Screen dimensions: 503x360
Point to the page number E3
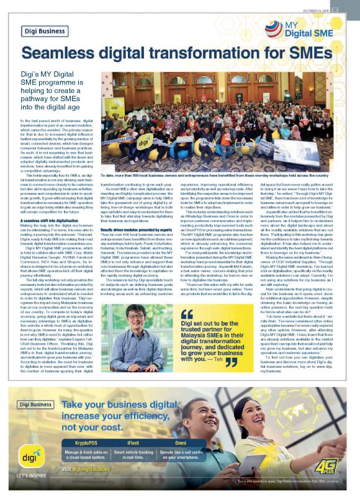351,10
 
